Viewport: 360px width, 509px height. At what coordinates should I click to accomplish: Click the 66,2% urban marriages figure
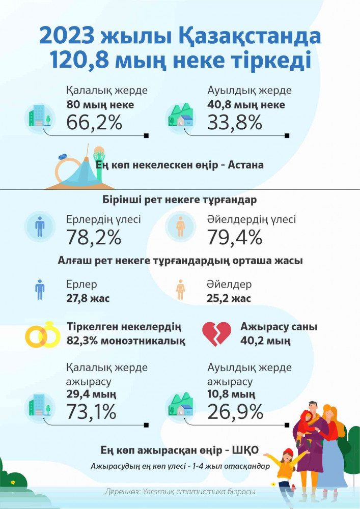click(x=94, y=123)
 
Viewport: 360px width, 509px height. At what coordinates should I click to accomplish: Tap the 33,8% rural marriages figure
click(x=235, y=123)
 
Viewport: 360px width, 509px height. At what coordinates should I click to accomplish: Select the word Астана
click(x=246, y=165)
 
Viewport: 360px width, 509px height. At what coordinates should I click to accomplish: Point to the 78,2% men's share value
click(x=94, y=237)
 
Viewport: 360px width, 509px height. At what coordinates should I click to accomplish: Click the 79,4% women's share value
click(x=235, y=237)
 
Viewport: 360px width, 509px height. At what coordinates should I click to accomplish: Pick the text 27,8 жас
click(x=88, y=299)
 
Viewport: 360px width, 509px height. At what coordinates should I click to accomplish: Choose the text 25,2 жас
click(x=229, y=299)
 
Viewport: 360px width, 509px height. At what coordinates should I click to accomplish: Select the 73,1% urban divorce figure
click(x=92, y=411)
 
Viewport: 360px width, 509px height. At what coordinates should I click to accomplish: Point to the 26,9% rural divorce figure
click(x=235, y=411)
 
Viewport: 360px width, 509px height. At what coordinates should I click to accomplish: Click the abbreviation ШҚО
click(x=245, y=450)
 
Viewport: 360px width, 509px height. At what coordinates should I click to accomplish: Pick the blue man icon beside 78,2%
click(x=40, y=227)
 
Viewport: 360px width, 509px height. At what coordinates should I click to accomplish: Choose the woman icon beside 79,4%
click(x=180, y=227)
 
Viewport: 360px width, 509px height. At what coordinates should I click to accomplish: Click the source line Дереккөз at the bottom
click(x=180, y=492)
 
